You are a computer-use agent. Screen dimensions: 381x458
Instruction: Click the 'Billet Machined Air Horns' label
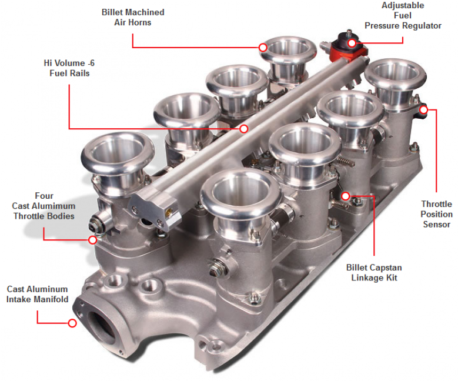pyautogui.click(x=133, y=17)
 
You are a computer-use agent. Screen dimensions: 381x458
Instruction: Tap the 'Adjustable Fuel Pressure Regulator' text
pyautogui.click(x=403, y=16)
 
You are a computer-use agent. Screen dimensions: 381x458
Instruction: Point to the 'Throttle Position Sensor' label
pyautogui.click(x=436, y=214)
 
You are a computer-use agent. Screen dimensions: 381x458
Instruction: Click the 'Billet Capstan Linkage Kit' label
pyautogui.click(x=374, y=272)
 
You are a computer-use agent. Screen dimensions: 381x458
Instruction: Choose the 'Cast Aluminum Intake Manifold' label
pyautogui.click(x=37, y=294)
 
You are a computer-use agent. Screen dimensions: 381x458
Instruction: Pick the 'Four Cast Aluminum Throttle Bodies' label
pyautogui.click(x=44, y=206)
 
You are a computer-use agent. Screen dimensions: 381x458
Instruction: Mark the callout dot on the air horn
pyautogui.click(x=263, y=46)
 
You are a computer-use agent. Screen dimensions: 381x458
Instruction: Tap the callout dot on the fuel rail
pyautogui.click(x=244, y=128)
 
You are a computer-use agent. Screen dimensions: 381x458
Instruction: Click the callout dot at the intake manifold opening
pyautogui.click(x=72, y=323)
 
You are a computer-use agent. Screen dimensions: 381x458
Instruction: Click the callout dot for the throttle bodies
pyautogui.click(x=92, y=239)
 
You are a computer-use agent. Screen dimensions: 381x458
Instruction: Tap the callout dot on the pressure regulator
pyautogui.click(x=352, y=42)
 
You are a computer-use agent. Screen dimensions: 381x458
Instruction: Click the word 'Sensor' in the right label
pyautogui.click(x=436, y=224)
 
